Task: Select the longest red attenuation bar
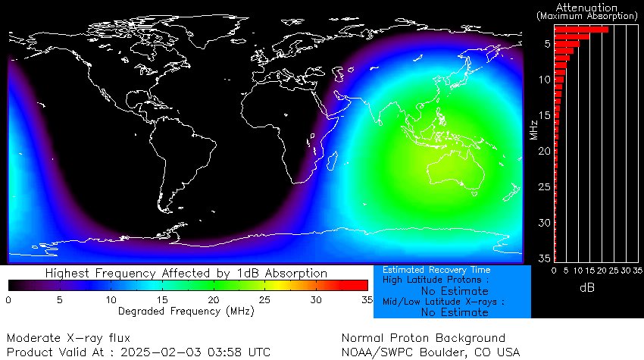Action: pyautogui.click(x=581, y=30)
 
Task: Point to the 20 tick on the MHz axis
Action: pyautogui.click(x=545, y=151)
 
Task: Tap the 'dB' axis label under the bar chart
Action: pyautogui.click(x=587, y=288)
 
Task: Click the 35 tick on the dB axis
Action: pyautogui.click(x=637, y=271)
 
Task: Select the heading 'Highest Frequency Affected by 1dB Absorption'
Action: pyautogui.click(x=186, y=273)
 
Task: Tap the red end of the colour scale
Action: pyautogui.click(x=362, y=285)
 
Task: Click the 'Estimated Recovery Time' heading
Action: pyautogui.click(x=436, y=270)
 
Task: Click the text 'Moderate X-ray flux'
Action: pyautogui.click(x=69, y=338)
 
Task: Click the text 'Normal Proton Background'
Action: pyautogui.click(x=423, y=338)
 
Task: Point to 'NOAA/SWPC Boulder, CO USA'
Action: pyautogui.click(x=430, y=352)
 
